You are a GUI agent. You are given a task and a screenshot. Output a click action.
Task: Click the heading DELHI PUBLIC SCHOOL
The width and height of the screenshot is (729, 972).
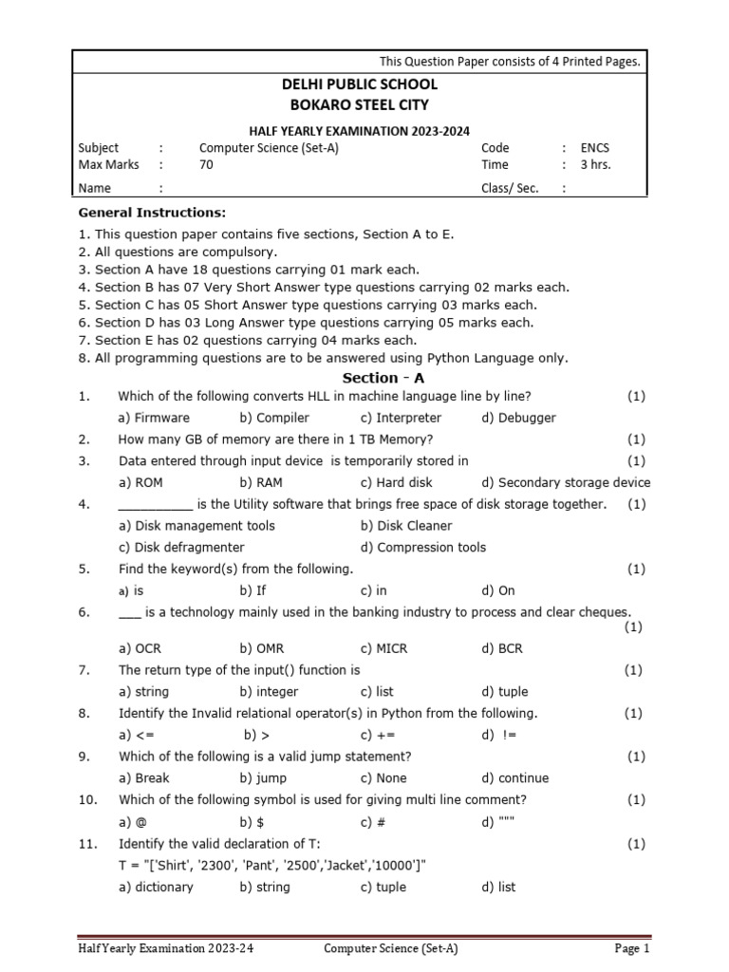pos(358,85)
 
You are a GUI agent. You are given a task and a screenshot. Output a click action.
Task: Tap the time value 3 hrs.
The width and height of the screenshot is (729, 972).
pos(595,165)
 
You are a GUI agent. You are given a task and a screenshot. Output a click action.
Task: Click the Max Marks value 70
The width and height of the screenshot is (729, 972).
pos(206,165)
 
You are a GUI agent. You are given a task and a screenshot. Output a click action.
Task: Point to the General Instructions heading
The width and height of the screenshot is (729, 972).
pos(152,213)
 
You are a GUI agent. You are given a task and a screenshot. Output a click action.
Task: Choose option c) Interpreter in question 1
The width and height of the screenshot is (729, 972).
pos(401,418)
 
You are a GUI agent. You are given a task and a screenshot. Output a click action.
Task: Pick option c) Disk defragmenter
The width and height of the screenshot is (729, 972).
pos(181,548)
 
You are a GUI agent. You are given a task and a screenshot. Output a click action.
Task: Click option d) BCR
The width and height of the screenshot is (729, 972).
pos(502,649)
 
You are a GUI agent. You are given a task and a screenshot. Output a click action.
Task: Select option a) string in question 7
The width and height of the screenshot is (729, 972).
pos(143,692)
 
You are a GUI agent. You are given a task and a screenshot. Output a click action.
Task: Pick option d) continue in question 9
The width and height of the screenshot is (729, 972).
pos(514,778)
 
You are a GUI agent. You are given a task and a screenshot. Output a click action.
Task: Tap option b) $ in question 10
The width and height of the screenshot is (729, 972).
pos(251,822)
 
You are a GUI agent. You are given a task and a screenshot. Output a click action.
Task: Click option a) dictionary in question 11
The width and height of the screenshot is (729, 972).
pos(156,888)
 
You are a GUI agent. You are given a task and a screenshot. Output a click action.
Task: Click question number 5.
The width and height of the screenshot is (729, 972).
pos(84,570)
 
